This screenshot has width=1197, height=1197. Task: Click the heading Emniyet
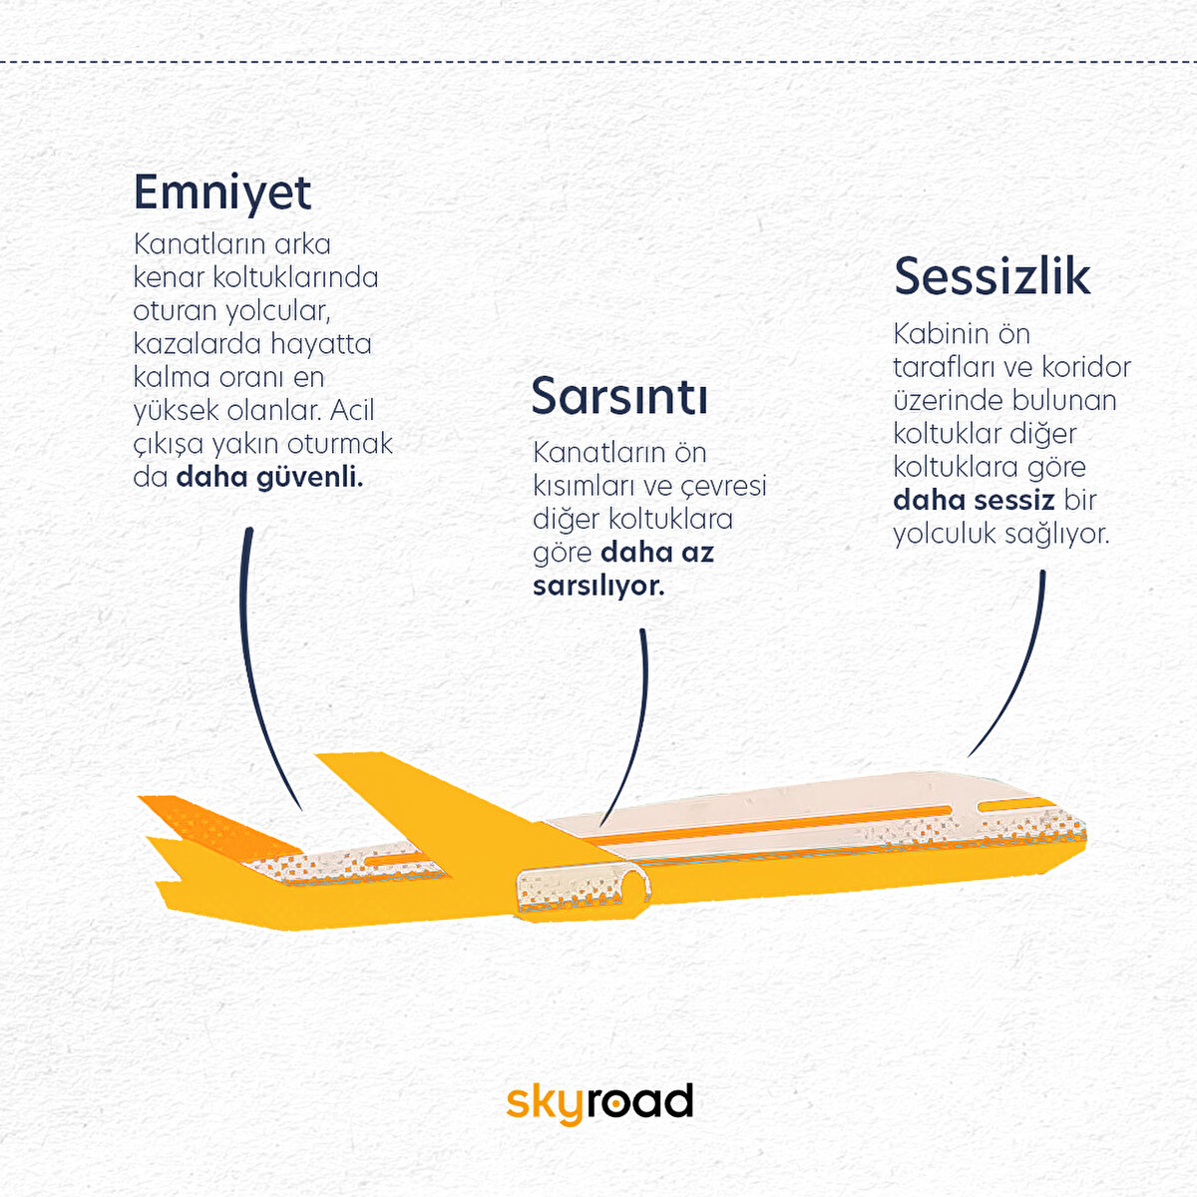[222, 194]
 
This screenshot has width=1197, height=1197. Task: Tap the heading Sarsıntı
[619, 396]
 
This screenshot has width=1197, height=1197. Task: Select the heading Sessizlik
[992, 275]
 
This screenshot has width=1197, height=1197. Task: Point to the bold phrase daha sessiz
[974, 500]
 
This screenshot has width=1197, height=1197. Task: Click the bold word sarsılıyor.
[598, 586]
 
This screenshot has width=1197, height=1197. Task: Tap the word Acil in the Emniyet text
[352, 410]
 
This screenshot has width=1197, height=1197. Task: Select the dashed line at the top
[598, 62]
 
